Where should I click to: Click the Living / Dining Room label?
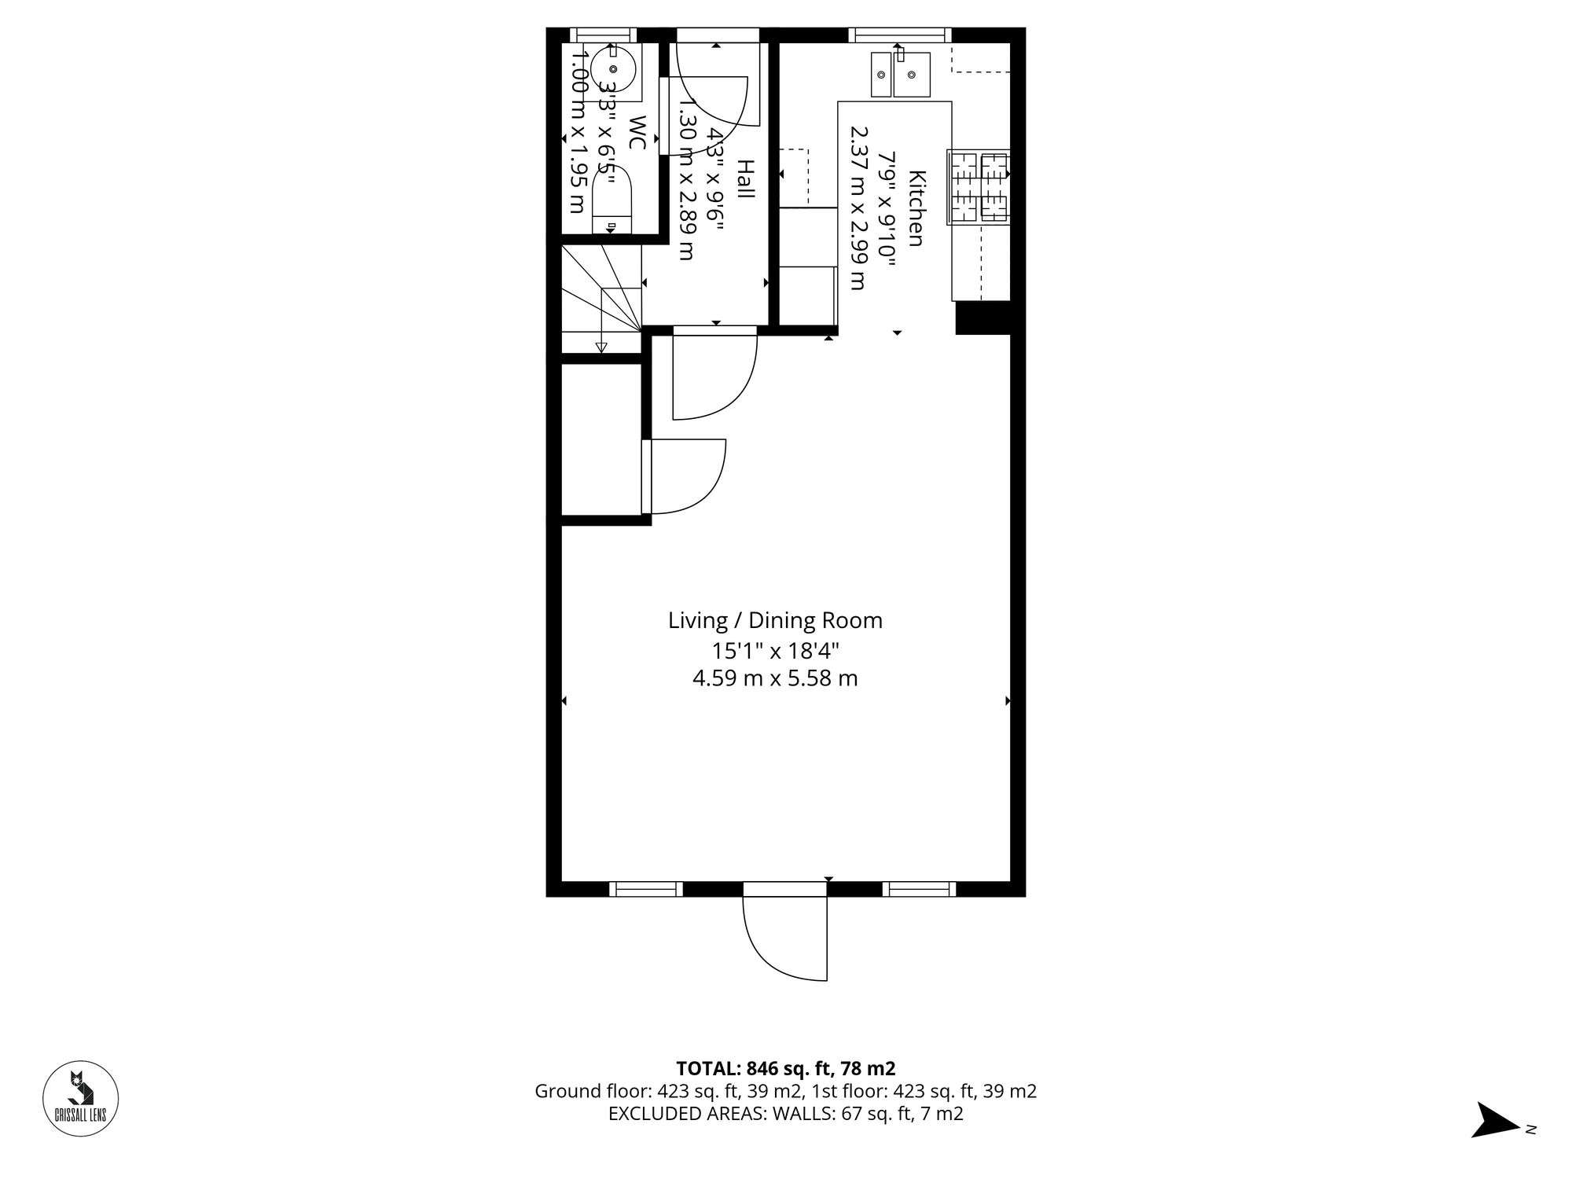[775, 621]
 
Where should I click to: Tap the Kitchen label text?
[916, 208]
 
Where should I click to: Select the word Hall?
[745, 179]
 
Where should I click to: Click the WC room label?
[637, 133]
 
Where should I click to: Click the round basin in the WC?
[613, 70]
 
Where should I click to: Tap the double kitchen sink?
[901, 75]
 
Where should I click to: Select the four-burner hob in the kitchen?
[979, 187]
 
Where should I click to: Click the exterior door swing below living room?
[786, 939]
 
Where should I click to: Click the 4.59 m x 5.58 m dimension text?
[775, 678]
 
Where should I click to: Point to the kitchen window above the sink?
[899, 35]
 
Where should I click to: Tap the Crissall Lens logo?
[80, 1099]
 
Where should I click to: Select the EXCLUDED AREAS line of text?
[785, 1114]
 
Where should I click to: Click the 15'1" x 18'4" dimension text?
[775, 651]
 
